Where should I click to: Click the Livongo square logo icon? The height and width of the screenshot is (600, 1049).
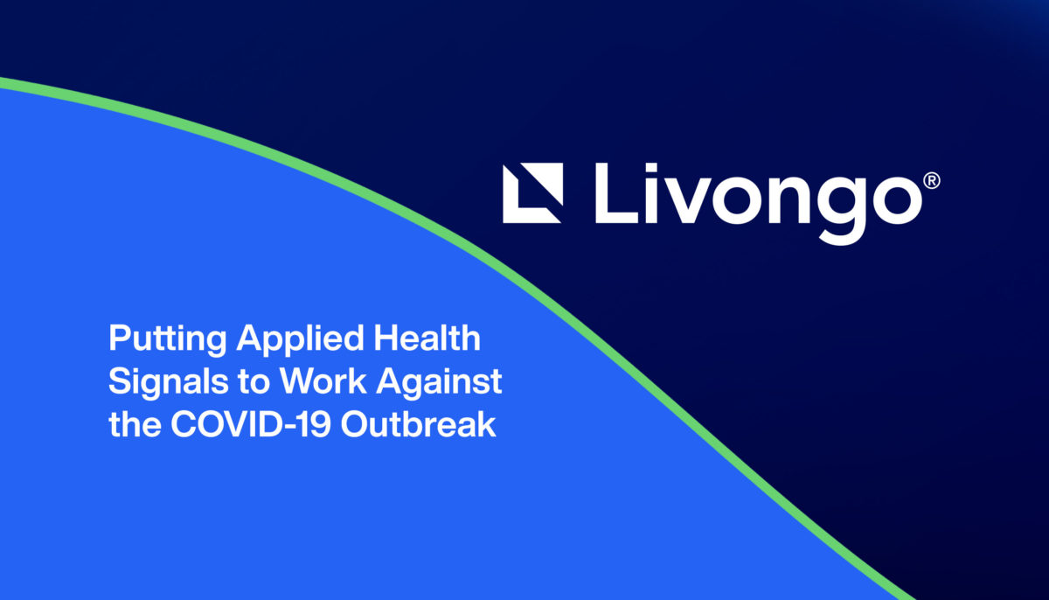(x=532, y=193)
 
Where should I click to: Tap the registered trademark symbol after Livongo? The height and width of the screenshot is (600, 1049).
(x=932, y=181)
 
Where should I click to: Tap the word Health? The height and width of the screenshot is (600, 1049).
(x=427, y=338)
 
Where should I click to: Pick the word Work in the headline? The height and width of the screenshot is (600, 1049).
(x=323, y=380)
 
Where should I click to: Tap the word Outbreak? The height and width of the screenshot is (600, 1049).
(x=418, y=424)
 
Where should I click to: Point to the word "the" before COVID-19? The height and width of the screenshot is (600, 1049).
(x=135, y=424)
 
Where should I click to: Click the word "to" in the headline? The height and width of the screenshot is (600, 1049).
(x=254, y=382)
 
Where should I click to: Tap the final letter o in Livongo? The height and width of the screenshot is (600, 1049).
(x=900, y=200)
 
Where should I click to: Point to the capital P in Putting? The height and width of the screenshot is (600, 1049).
(x=121, y=338)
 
